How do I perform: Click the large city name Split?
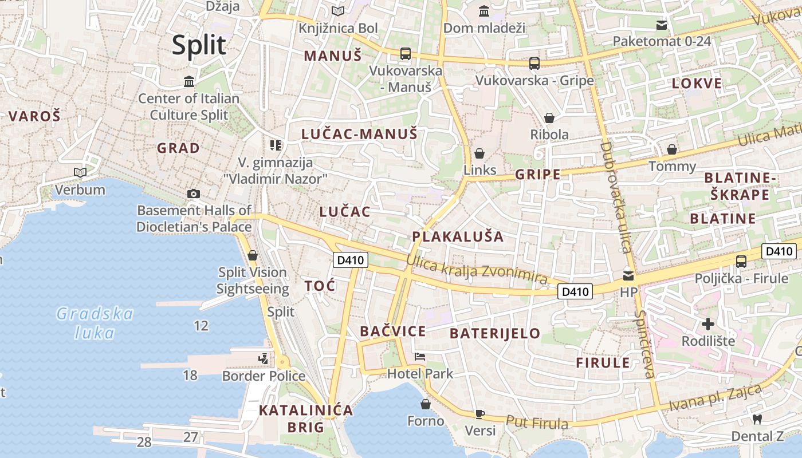pyautogui.click(x=199, y=45)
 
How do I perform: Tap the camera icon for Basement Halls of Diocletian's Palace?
pyautogui.click(x=194, y=194)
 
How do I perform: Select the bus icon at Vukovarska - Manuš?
pyautogui.click(x=406, y=54)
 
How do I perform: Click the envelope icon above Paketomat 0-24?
pyautogui.click(x=662, y=25)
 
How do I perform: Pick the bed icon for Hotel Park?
pyautogui.click(x=420, y=357)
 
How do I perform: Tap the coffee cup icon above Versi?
pyautogui.click(x=479, y=414)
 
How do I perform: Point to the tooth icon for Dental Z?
pyautogui.click(x=757, y=419)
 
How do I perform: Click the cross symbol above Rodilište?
pyautogui.click(x=708, y=324)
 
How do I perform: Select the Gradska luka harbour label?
pyautogui.click(x=95, y=323)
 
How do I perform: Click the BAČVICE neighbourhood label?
pyautogui.click(x=393, y=331)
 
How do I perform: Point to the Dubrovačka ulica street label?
pyautogui.click(x=616, y=197)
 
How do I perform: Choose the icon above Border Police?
pyautogui.click(x=264, y=359)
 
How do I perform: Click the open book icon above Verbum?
pyautogui.click(x=80, y=172)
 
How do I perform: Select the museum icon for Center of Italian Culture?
pyautogui.click(x=189, y=82)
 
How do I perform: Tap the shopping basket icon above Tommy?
pyautogui.click(x=672, y=149)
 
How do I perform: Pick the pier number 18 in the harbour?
pyautogui.click(x=190, y=376)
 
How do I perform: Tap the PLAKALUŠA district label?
pyautogui.click(x=458, y=236)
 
